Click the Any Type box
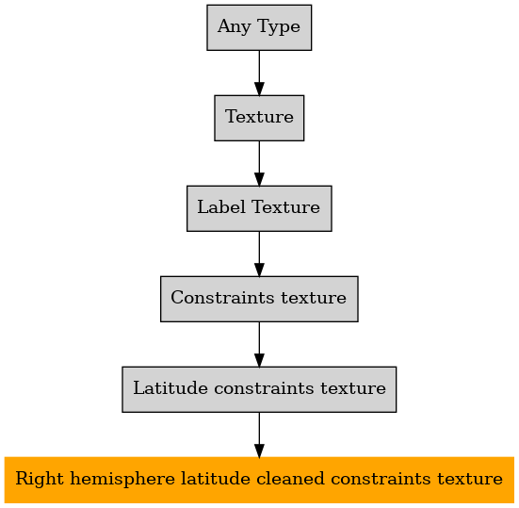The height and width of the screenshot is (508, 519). tap(259, 27)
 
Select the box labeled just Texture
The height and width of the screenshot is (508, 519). tap(259, 118)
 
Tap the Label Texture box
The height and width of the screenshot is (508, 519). tap(259, 208)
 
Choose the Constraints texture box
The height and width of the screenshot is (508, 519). tap(259, 299)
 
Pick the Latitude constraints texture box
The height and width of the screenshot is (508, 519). tap(259, 389)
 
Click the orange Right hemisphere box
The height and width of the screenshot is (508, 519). tap(259, 480)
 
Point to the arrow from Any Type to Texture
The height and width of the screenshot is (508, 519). tap(259, 73)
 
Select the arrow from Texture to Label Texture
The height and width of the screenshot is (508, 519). tap(259, 163)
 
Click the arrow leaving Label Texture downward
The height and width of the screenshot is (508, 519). tap(259, 254)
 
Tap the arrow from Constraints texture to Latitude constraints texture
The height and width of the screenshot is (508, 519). tap(259, 344)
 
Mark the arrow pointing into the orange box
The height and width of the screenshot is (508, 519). tap(259, 434)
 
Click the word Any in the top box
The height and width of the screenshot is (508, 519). tap(234, 27)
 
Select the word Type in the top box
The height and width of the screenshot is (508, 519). tap(279, 27)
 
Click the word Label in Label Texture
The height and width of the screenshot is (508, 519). tap(221, 207)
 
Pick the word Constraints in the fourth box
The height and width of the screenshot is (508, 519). tap(222, 298)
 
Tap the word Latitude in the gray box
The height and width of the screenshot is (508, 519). tap(170, 387)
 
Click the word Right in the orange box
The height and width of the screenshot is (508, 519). tap(40, 479)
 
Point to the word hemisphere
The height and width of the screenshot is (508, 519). tap(122, 479)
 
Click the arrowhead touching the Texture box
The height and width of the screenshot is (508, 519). tap(259, 90)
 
